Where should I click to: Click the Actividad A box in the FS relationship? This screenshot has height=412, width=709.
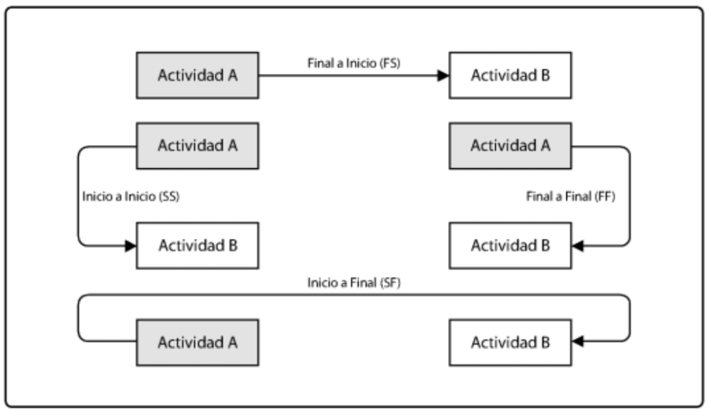click(x=197, y=75)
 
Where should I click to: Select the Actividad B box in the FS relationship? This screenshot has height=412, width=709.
click(x=510, y=75)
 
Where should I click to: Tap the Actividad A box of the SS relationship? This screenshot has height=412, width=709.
click(x=197, y=146)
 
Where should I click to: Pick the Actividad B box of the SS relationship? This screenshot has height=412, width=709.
click(x=197, y=246)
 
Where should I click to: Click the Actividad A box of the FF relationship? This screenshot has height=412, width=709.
click(x=510, y=146)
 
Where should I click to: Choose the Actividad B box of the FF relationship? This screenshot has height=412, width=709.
click(x=510, y=246)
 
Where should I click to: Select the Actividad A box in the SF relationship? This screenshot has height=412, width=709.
click(x=197, y=342)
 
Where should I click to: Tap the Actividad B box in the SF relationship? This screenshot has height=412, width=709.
click(x=510, y=342)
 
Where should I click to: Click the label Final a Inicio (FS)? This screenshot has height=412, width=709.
click(x=354, y=63)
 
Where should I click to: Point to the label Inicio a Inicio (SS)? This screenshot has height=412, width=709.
click(x=131, y=197)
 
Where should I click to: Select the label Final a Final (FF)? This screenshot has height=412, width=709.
click(x=571, y=197)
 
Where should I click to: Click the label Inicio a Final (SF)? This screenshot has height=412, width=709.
click(x=354, y=283)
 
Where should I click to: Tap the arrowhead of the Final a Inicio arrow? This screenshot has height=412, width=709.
click(x=443, y=75)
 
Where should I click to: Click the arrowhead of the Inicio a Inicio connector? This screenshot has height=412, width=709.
click(x=131, y=246)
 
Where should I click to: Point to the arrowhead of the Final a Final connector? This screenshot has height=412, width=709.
click(x=577, y=246)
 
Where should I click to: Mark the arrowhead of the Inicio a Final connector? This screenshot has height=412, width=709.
click(x=577, y=341)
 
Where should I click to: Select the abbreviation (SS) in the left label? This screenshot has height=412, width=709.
click(x=169, y=197)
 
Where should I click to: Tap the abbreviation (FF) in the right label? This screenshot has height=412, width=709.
click(x=605, y=197)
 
